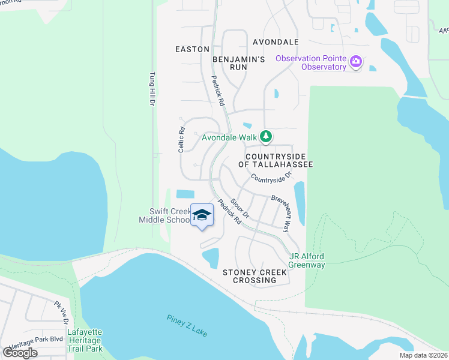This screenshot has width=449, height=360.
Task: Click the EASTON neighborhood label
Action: tap(192, 49)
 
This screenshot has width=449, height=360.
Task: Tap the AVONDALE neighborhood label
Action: tap(276, 42)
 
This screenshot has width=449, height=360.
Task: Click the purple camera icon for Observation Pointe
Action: tap(357, 61)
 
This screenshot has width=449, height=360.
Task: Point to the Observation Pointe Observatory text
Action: tap(311, 62)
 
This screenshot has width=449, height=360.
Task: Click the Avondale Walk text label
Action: tap(228, 137)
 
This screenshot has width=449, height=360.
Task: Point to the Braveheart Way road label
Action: tap(280, 212)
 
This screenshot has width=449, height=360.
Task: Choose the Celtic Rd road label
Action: tap(181, 139)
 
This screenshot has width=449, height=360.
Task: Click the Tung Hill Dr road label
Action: tap(151, 90)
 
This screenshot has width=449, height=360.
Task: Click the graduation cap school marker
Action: tap(202, 215)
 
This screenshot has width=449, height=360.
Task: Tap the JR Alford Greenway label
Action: tap(306, 260)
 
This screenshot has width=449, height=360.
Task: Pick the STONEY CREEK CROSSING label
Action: tap(255, 276)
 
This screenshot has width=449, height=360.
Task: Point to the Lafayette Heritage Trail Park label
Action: tap(84, 340)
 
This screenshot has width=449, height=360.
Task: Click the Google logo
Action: tap(20, 352)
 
